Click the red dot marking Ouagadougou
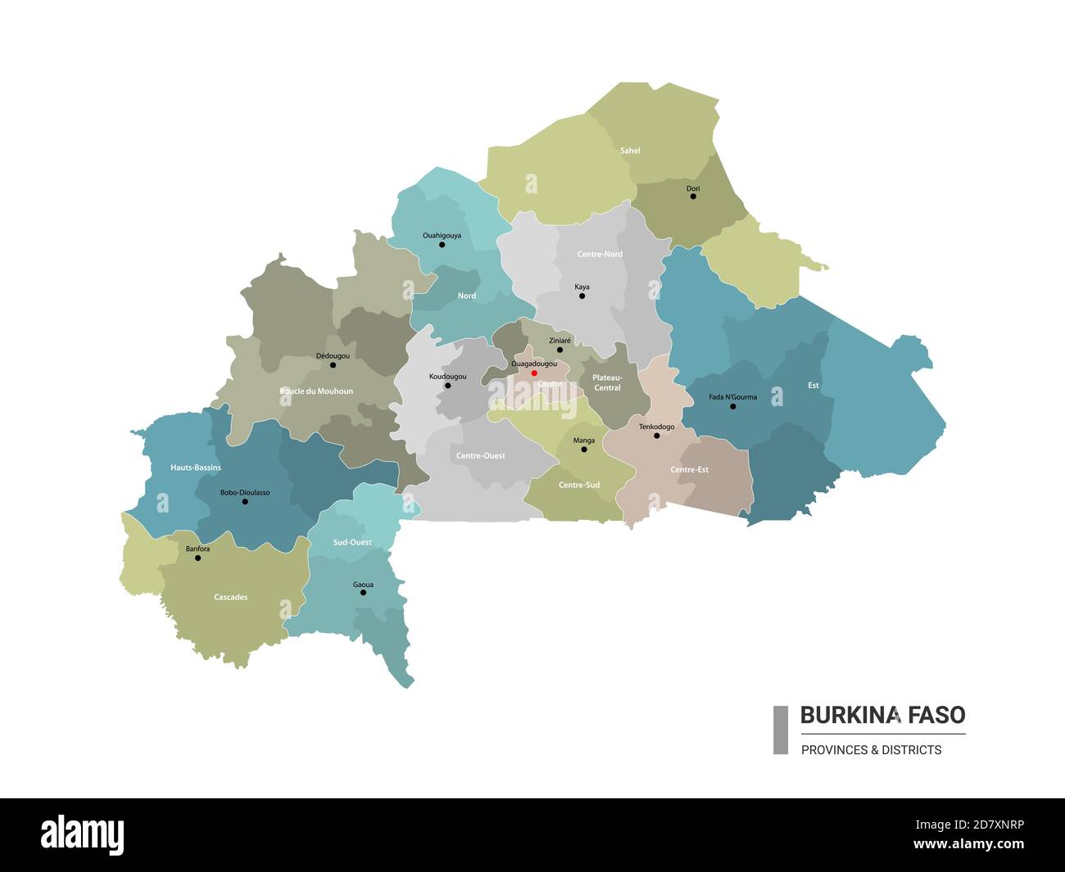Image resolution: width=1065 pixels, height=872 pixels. point(534,373)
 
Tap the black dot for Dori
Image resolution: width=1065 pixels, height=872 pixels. point(693,197)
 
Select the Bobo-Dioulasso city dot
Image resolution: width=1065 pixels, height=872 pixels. point(245,501)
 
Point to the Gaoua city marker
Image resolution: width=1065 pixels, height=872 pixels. point(363,592)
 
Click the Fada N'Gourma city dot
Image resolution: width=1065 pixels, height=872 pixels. point(733,406)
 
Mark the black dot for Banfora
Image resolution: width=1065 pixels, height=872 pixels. point(197,558)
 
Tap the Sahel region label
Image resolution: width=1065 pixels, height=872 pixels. point(630,151)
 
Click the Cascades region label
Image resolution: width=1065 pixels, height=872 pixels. point(230,598)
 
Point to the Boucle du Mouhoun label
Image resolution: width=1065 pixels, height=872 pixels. point(316,391)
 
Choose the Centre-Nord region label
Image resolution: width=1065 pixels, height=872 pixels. point(600,255)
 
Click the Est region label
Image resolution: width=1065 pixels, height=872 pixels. point(813,386)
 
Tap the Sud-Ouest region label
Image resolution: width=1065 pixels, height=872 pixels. point(352,542)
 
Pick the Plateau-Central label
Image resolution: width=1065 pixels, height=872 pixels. point(607,382)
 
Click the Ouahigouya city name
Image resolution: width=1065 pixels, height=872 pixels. point(442,235)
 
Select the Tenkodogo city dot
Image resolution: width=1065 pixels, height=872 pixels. point(656,436)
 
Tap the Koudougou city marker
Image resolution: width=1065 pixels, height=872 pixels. point(447,386)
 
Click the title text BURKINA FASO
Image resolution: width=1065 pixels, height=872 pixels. point(882,715)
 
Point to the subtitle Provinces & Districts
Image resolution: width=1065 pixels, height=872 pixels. point(871,750)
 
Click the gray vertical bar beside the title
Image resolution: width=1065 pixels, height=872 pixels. point(781,730)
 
